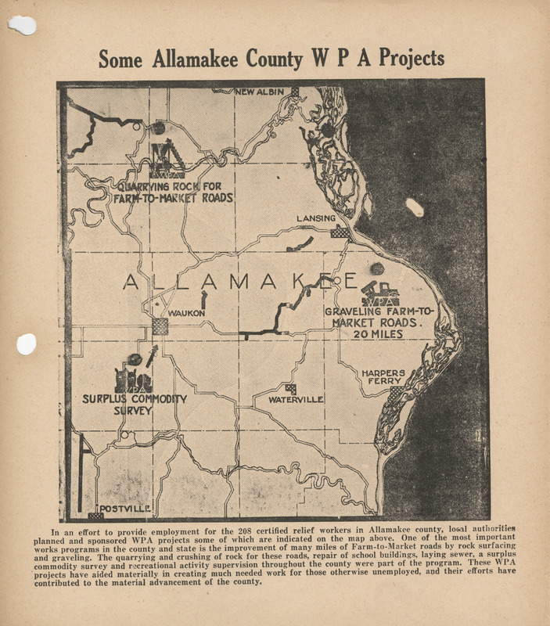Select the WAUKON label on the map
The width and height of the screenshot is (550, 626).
point(186,314)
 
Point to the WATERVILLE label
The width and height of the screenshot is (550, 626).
point(296,400)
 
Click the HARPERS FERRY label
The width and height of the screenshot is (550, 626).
point(383,378)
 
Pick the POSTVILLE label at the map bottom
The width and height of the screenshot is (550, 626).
point(125,509)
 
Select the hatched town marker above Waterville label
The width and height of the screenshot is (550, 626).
point(291,389)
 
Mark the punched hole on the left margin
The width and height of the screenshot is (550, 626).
point(27,344)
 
